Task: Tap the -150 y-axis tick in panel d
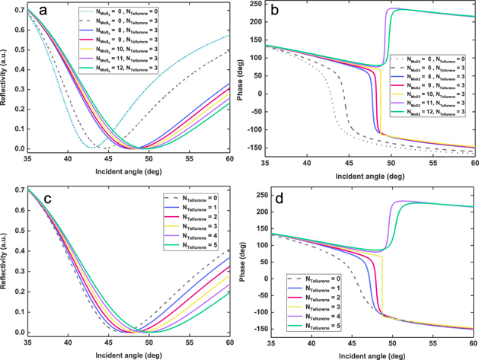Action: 251,329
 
